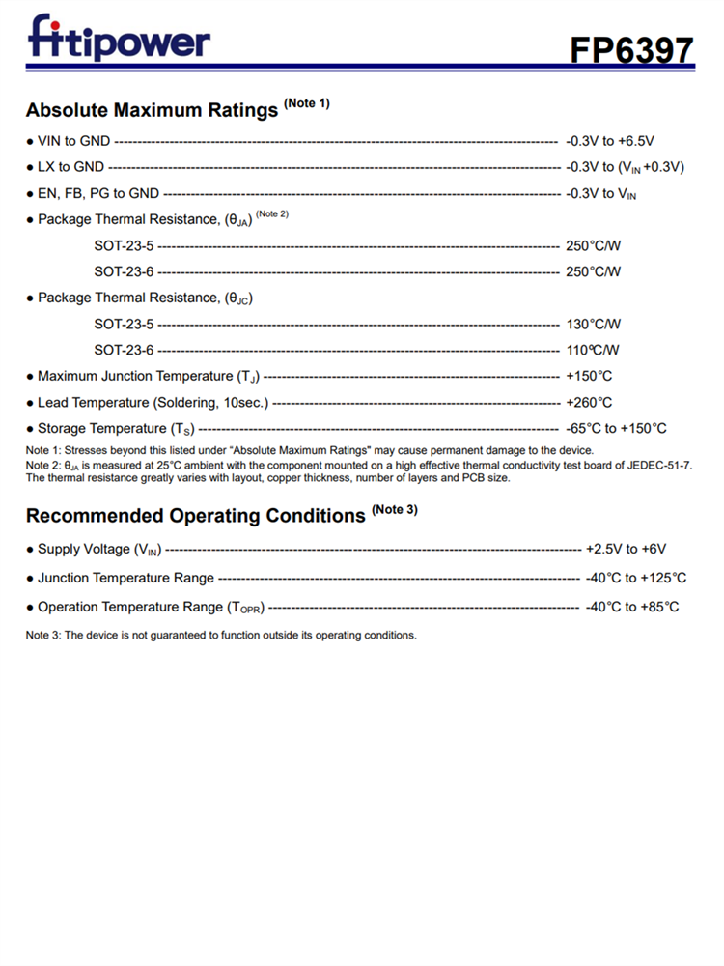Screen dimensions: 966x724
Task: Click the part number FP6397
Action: tap(630, 49)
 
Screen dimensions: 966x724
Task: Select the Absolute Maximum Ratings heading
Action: tap(152, 110)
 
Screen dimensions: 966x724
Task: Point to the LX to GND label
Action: tap(70, 167)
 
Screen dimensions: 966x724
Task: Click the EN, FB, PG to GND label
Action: tap(98, 193)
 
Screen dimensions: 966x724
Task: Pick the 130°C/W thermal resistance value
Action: tap(593, 324)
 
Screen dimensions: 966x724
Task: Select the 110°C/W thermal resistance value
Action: tap(593, 350)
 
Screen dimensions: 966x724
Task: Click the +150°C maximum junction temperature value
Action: tap(589, 376)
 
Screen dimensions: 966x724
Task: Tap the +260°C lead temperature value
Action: tap(589, 402)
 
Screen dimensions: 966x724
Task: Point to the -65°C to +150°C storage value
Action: tap(616, 428)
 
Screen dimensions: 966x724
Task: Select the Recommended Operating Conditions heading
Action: tap(195, 516)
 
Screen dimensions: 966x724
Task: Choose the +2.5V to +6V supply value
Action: tap(626, 549)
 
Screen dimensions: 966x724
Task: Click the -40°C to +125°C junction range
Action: tap(636, 578)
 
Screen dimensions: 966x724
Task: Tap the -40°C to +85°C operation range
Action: tap(632, 607)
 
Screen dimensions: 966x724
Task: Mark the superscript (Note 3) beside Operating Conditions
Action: tap(395, 509)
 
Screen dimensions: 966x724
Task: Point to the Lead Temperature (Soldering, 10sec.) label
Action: tap(153, 402)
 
